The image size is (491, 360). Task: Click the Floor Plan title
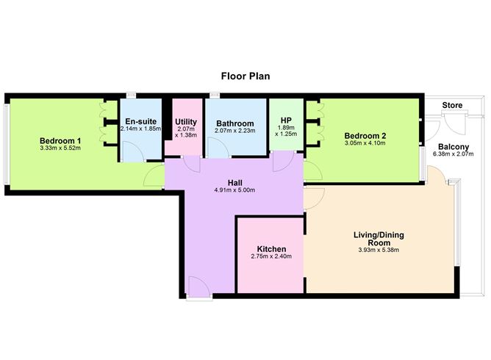point(246,75)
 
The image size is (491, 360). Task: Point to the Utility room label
point(187,121)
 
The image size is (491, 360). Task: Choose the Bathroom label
point(235,123)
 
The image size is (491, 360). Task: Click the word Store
point(453,106)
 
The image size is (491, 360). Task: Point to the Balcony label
point(456,146)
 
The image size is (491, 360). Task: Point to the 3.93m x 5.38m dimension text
point(379,251)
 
